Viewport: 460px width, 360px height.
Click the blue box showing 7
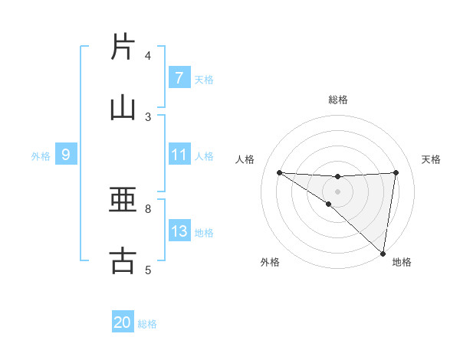pos(179,78)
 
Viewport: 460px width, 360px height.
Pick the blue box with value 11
pos(179,155)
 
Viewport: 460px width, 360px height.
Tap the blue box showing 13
pos(179,231)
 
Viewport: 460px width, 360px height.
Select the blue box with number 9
pos(66,155)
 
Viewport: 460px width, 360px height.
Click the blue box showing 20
pos(123,322)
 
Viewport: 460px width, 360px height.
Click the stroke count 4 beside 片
pos(148,56)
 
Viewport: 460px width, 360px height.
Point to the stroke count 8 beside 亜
pos(148,208)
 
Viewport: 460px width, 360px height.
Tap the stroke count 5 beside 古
pos(148,270)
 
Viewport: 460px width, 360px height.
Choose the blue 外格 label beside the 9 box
pos(41,155)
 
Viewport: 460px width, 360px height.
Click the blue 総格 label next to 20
pos(147,324)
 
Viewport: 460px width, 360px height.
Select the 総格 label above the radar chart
pos(337,100)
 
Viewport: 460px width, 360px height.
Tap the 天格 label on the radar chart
pos(432,159)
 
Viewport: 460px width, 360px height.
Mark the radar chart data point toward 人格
pos(279,172)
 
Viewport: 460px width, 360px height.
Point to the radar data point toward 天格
pos(396,172)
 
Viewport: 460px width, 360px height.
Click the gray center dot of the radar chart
pos(337,191)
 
